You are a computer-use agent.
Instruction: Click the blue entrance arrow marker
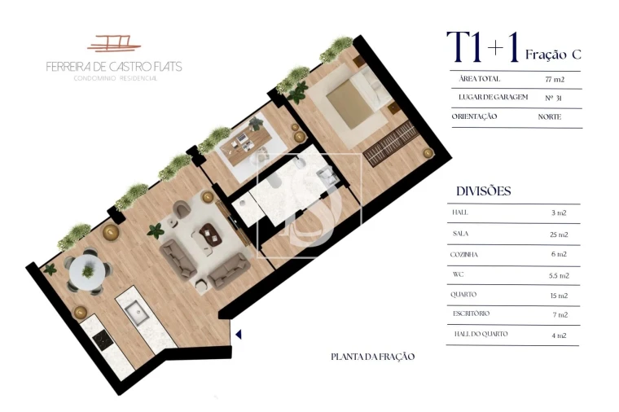coord(239,333)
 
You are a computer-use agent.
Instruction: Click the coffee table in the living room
coord(210,235)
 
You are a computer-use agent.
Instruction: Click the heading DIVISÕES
coord(484,191)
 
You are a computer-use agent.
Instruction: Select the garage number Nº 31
coord(555,99)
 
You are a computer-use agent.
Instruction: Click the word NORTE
coord(550,116)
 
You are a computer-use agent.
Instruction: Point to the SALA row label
coord(460,234)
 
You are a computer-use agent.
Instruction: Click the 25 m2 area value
coord(559,234)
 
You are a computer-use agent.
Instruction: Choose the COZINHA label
coord(465,254)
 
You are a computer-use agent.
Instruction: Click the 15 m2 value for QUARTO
coord(559,295)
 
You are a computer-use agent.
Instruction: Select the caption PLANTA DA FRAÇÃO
coord(373,357)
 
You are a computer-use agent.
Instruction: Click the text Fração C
coord(553,55)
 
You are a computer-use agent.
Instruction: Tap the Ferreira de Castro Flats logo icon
coord(113,42)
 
